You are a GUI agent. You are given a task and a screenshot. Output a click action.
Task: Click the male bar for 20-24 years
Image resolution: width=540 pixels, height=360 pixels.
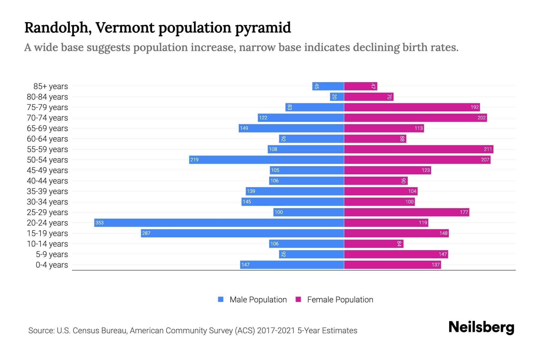coord(219,223)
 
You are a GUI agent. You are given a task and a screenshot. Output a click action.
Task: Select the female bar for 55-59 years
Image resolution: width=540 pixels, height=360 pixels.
coord(418,149)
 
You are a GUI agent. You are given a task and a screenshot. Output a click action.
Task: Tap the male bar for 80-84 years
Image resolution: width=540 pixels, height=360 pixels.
coord(337,97)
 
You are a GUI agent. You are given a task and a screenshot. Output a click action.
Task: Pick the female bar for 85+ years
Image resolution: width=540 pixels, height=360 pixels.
coord(360,86)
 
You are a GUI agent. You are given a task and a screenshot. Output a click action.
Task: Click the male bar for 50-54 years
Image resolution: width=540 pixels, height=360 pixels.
coord(266,160)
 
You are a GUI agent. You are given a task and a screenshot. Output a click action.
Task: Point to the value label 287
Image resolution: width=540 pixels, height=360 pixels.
coord(146,233)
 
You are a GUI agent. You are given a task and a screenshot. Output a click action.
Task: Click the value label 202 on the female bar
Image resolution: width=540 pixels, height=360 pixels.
coord(481,118)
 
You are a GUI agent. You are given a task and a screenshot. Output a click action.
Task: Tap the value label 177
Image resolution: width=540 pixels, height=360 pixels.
coord(464,212)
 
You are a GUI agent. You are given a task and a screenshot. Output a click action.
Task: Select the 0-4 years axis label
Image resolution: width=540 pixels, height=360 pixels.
coord(52,265)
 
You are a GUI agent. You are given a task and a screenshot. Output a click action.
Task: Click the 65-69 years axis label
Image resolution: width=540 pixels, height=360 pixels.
coord(47,128)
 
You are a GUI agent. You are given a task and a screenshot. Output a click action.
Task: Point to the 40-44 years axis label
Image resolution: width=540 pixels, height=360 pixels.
coord(47,181)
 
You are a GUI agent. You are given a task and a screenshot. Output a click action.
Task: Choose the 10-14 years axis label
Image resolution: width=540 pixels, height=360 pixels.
coord(47,244)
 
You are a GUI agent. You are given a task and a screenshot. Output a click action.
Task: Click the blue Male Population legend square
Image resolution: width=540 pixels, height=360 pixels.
coord(221,299)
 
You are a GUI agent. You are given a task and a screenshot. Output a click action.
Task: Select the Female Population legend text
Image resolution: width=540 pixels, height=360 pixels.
coord(340,300)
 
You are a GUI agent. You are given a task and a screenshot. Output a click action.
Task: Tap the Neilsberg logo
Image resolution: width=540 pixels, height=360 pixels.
coord(481,327)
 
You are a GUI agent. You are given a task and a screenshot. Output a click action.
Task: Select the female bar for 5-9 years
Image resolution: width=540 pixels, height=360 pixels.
coord(396,254)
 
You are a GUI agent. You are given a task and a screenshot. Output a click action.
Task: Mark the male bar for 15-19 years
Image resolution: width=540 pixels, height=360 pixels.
coord(242,233)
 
